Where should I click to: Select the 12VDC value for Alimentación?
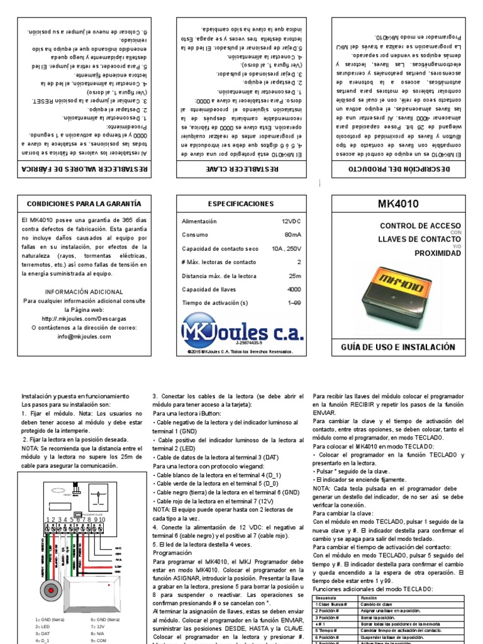click(x=291, y=221)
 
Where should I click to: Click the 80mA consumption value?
click(x=292, y=235)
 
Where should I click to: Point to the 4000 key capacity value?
click(x=294, y=289)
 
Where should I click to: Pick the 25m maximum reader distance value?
click(x=294, y=275)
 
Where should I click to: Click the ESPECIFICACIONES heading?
click(x=241, y=204)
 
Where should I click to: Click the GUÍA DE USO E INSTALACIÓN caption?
click(x=397, y=347)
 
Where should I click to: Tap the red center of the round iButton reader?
click(x=48, y=591)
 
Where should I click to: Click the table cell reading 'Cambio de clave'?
click(x=376, y=603)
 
